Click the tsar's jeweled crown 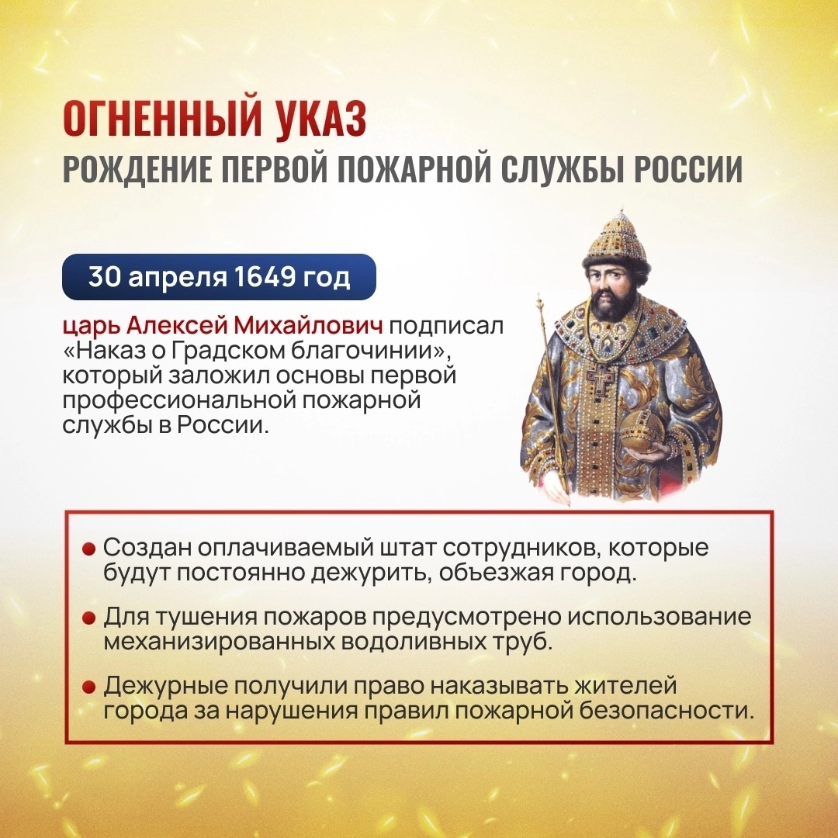(617, 240)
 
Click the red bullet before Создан (88, 549)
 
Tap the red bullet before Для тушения (88, 618)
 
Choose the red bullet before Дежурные (88, 687)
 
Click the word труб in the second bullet (521, 642)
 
